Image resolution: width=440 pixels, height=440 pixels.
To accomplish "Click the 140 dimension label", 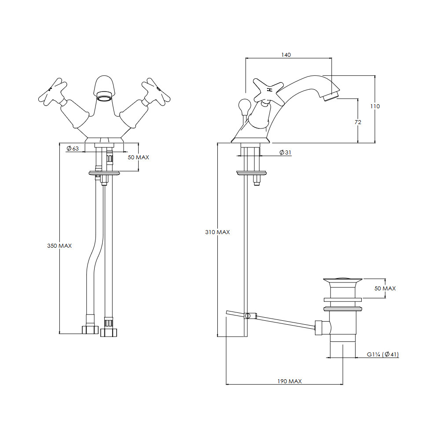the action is click(286, 55).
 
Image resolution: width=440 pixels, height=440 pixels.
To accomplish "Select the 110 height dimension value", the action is click(375, 106).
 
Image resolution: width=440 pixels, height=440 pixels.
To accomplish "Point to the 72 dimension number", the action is click(358, 122).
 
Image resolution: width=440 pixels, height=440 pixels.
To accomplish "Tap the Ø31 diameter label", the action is click(286, 152).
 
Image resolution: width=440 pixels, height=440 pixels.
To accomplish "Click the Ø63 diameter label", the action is click(73, 148).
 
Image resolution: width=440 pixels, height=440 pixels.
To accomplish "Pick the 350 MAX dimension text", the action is click(59, 246).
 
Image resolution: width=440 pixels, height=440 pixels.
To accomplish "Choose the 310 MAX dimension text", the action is click(217, 232).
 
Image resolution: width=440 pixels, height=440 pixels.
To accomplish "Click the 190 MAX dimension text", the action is click(290, 381).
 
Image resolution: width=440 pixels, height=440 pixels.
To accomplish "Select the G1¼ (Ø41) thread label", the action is click(383, 354).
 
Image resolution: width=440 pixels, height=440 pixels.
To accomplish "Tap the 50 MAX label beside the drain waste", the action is click(385, 289).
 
